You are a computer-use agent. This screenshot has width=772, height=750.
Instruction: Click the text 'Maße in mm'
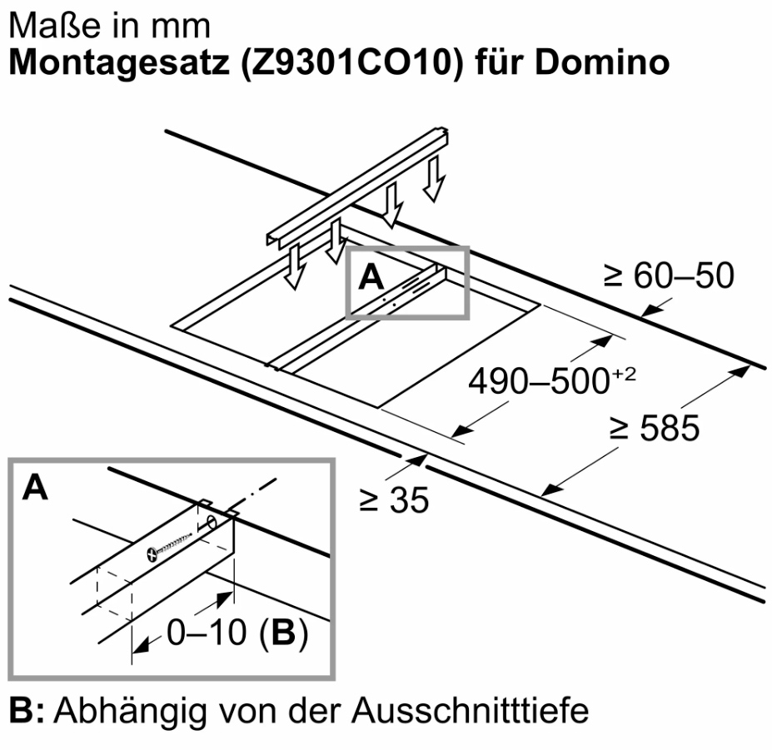click(108, 25)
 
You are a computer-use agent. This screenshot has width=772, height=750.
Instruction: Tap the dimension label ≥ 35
click(393, 501)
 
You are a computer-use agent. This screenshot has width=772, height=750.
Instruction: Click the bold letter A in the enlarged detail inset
click(34, 489)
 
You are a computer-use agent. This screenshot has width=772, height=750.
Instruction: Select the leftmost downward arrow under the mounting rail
click(291, 268)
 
